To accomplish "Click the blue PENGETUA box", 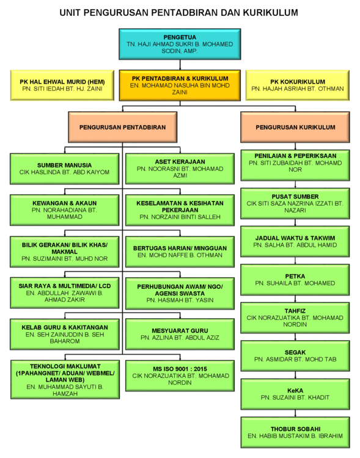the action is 180,44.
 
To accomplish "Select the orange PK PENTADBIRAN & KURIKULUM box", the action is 180,85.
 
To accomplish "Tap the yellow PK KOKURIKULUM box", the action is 298,85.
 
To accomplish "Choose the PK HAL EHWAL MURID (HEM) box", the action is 62,85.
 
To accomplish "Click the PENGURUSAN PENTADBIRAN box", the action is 122,127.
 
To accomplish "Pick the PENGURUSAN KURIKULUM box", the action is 295,127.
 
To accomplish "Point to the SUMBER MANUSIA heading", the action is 64,165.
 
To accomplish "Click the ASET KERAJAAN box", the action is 180,169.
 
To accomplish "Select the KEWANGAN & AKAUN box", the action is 64,210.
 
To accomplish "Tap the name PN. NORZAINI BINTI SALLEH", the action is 180,217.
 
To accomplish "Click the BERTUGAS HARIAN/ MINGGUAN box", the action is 180,252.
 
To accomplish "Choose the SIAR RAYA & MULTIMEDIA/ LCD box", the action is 65,293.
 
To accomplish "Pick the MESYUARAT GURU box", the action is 180,334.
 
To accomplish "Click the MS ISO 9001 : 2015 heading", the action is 180,369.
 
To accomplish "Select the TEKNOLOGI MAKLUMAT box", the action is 65,379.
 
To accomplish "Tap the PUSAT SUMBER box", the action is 295,203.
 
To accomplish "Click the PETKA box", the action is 295,280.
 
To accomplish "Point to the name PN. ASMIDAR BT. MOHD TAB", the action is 295,360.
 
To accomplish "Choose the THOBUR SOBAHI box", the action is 295,432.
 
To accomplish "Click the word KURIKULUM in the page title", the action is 270,13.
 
